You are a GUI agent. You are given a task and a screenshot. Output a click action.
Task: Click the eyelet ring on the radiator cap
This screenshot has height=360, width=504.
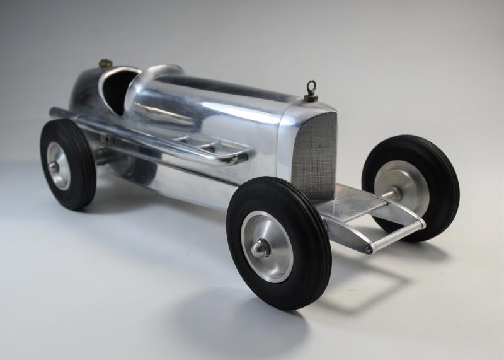coord(311,87)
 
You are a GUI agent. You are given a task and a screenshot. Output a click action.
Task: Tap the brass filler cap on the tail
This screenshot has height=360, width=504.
coord(105,63)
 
